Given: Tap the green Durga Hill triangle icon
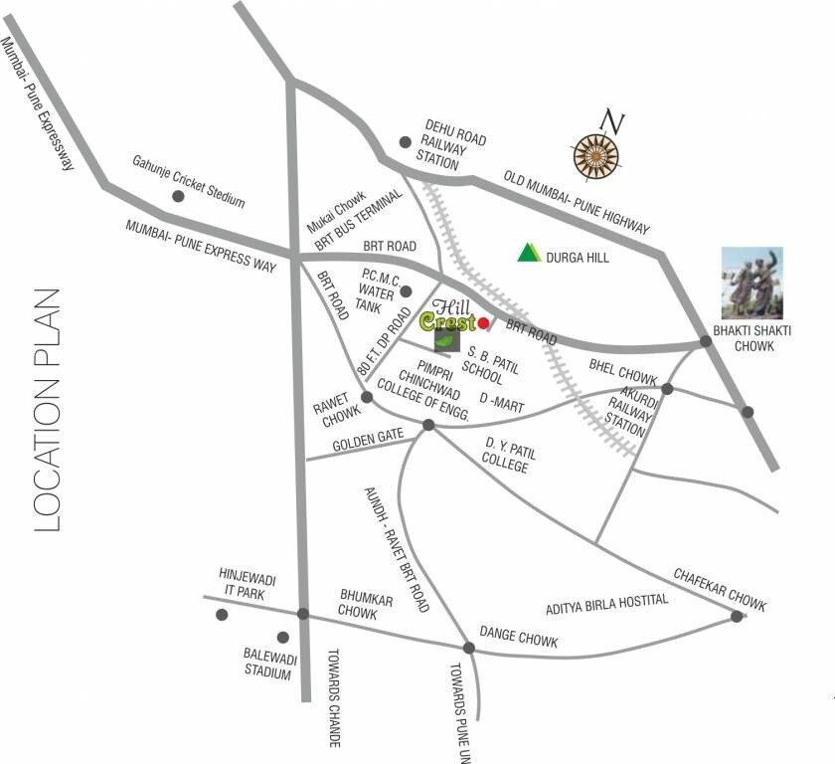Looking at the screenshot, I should (x=529, y=253).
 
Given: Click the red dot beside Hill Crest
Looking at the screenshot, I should (x=484, y=323).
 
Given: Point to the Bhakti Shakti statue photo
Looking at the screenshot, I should (x=752, y=282).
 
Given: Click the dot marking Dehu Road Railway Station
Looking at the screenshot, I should (x=405, y=142).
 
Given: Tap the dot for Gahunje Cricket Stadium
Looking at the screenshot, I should (x=178, y=196).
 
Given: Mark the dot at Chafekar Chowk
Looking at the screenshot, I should (x=737, y=617).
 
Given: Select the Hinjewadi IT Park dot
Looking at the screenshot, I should (x=223, y=615).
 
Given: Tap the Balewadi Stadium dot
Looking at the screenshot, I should (x=283, y=637).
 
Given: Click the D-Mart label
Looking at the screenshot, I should (x=502, y=399).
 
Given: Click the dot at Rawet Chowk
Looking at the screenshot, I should (x=367, y=397).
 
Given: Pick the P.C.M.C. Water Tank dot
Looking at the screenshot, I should (x=406, y=290).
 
